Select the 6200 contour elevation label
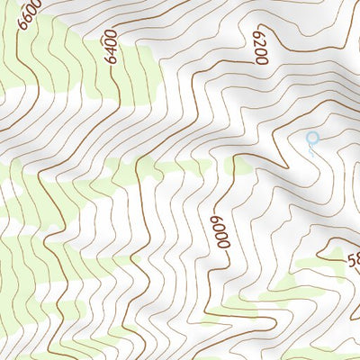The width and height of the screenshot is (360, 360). click(x=261, y=45)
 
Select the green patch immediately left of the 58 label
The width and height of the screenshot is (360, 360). click(x=315, y=265)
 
